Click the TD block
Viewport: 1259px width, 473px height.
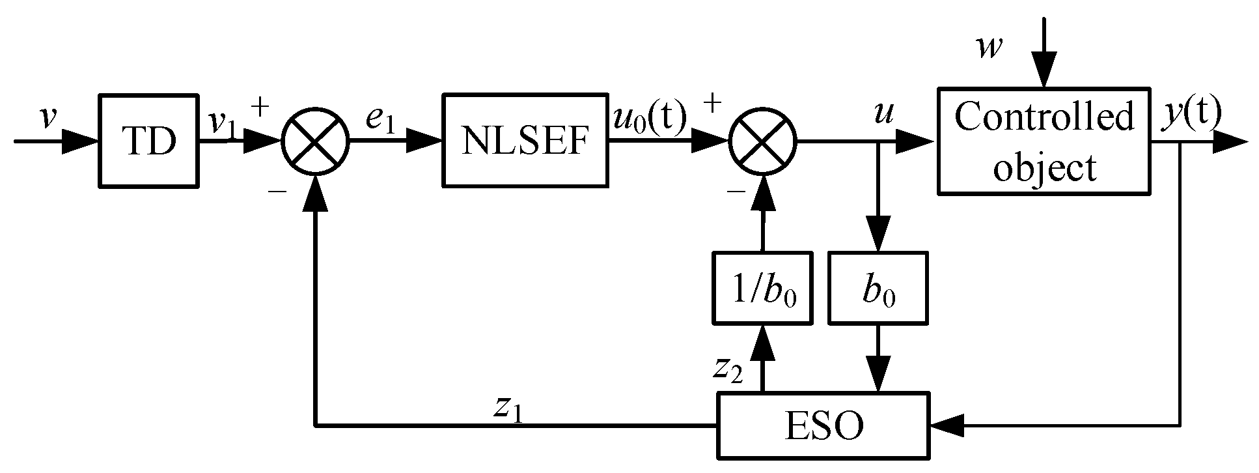[x=149, y=141]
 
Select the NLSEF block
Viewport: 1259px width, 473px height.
[x=525, y=141]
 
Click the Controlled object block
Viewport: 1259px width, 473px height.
[x=1044, y=141]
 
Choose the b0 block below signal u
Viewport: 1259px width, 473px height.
[x=878, y=288]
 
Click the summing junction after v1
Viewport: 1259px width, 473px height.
[x=316, y=141]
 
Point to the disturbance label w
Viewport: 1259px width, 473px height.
[x=988, y=47]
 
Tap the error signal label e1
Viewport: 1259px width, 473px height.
[x=380, y=120]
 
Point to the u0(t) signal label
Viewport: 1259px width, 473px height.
[x=649, y=116]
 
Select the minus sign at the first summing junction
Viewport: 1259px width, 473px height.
[x=278, y=190]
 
